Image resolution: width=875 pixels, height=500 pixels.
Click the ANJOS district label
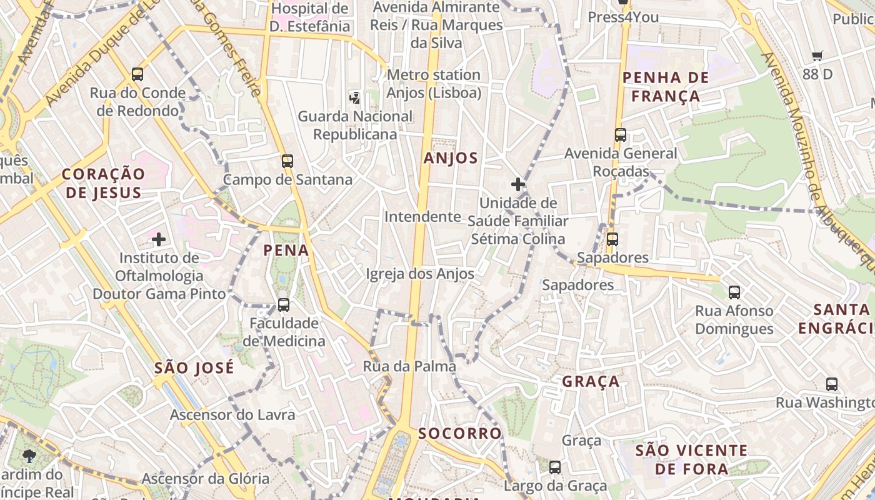451,158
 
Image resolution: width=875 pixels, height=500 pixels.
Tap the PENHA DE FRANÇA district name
666,87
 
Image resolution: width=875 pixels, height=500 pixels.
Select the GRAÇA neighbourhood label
591,381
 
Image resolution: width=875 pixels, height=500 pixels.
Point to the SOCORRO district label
460,433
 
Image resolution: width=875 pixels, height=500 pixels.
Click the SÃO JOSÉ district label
194,367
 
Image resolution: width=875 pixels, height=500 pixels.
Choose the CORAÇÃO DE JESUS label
103,183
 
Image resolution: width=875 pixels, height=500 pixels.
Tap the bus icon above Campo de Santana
287,161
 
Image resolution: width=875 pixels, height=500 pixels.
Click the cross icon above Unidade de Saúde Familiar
517,184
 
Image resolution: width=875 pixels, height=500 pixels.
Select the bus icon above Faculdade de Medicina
284,305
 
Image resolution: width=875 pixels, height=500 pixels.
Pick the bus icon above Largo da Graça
555,467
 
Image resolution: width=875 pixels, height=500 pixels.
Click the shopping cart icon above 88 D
817,56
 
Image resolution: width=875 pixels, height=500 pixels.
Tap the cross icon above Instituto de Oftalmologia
159,239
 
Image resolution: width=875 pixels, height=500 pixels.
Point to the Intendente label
422,217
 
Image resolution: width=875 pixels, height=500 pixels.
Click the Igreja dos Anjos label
420,274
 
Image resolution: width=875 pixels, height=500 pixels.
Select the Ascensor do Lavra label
232,414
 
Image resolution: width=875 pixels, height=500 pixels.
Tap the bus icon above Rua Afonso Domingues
734,292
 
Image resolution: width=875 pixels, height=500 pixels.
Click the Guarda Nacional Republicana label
355,125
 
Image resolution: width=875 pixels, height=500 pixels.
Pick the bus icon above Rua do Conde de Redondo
137,74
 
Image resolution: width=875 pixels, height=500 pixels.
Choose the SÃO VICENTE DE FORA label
691,459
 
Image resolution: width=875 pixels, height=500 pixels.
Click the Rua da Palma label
409,366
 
